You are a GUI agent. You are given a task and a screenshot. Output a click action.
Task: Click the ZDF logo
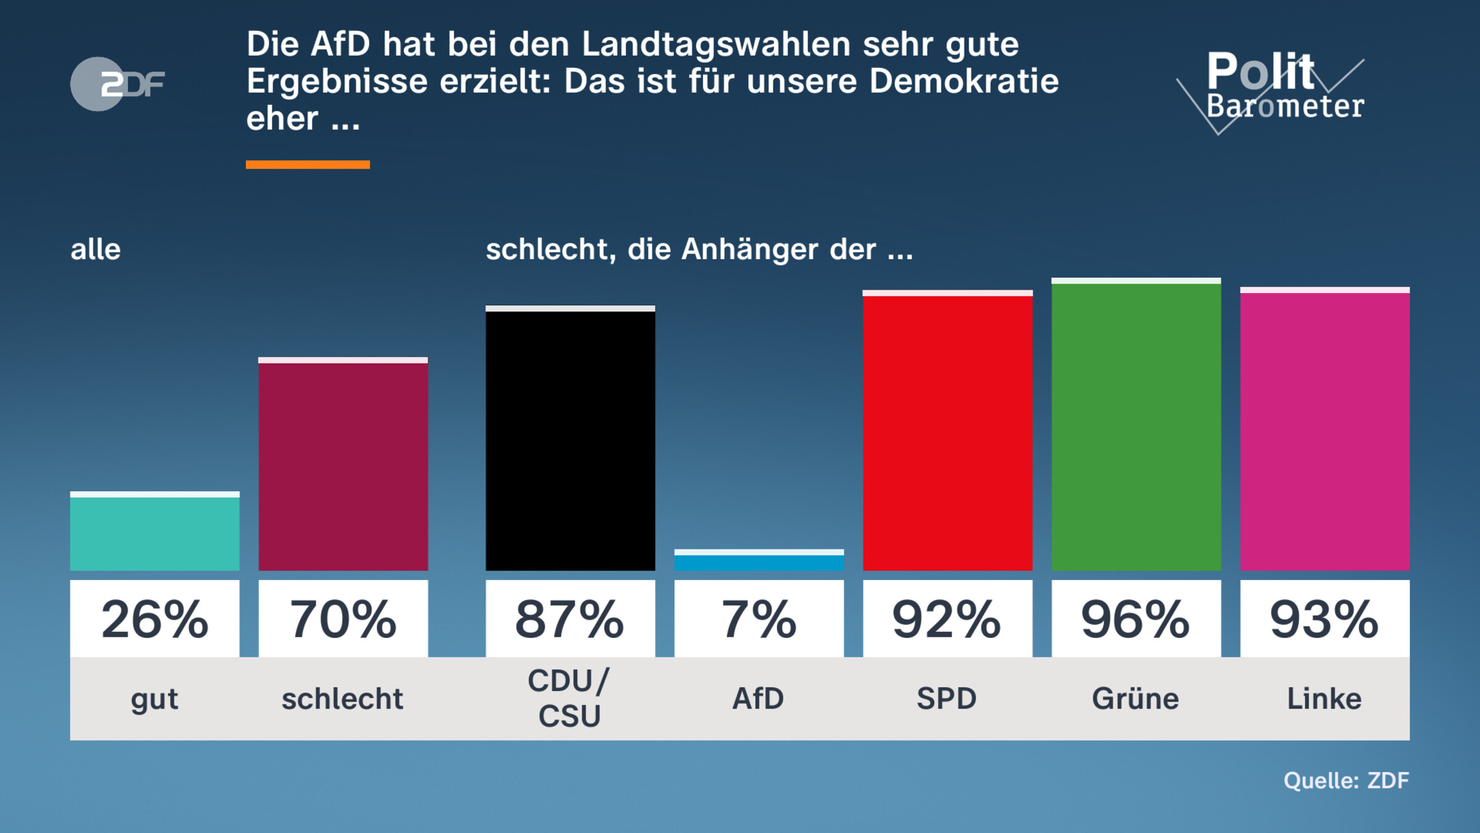[x=117, y=84]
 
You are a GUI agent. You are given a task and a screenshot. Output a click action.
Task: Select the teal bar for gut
[x=154, y=533]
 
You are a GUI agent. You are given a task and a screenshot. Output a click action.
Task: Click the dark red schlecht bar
[x=343, y=466]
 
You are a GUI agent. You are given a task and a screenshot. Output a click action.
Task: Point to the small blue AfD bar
[x=758, y=561]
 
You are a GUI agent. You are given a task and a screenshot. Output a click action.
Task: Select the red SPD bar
[x=947, y=432]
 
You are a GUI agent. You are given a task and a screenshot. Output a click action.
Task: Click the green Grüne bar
[x=1136, y=426]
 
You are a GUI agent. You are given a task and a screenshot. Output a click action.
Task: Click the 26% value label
[x=154, y=619]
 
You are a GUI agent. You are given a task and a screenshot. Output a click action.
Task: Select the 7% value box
[x=758, y=619]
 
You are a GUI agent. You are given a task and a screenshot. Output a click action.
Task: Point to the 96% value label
[x=1136, y=619]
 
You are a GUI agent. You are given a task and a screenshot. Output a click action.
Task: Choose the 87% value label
[x=570, y=619]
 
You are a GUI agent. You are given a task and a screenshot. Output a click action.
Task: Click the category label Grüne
[x=1136, y=699]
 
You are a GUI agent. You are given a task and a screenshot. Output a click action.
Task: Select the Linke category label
[x=1325, y=699]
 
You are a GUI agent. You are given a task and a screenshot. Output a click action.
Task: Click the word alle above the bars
[x=96, y=250]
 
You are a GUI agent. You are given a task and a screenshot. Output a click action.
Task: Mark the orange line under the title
[x=308, y=165]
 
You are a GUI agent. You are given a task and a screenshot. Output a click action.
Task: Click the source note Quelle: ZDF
[x=1346, y=781]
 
